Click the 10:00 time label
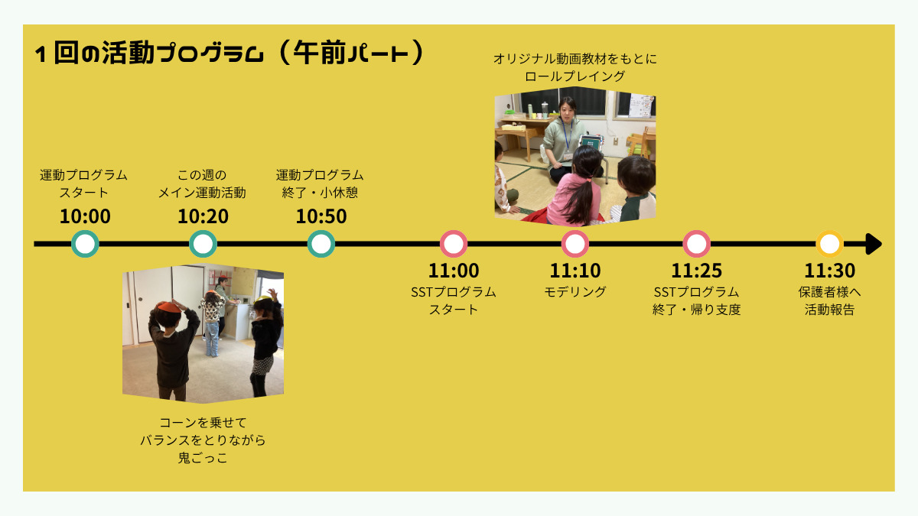[85, 216]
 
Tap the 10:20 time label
[203, 216]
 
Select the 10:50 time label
[321, 216]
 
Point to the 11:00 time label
[454, 271]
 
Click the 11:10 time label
[575, 271]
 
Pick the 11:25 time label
[696, 271]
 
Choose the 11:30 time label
[830, 271]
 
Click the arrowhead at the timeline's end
[874, 244]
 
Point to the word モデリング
[575, 292]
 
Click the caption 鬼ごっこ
[203, 457]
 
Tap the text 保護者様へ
[830, 292]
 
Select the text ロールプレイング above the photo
[575, 76]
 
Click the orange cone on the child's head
[169, 307]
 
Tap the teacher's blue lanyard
[567, 135]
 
